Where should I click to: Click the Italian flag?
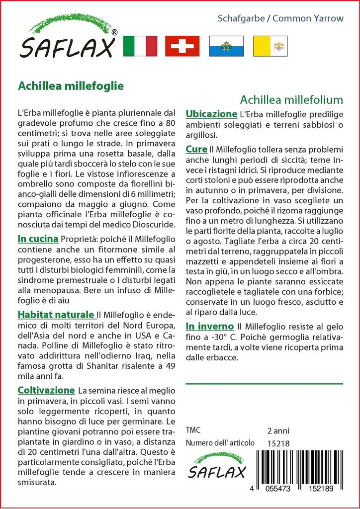140,46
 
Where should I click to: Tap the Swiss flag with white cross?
182,46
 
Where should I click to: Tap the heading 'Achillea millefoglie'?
71,85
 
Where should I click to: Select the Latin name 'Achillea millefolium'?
291,99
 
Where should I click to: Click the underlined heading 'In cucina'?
38,239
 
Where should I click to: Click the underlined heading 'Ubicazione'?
211,114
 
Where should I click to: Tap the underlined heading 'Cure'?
196,149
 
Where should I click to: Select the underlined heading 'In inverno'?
209,326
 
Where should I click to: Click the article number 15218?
278,443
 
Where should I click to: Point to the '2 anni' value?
278,430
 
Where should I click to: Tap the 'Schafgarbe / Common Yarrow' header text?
280,18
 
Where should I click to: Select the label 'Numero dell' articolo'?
220,443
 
